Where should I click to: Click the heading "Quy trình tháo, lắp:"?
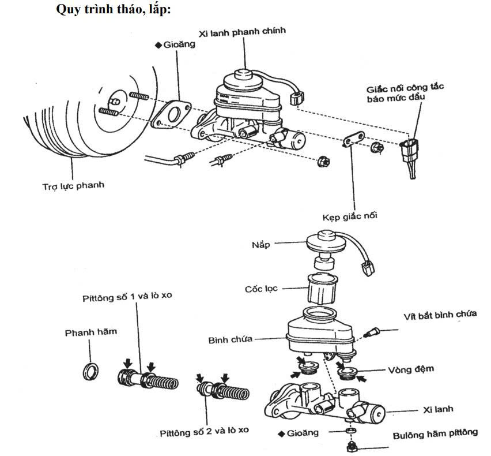pyautogui.click(x=114, y=10)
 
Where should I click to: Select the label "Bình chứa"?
pyautogui.click(x=231, y=340)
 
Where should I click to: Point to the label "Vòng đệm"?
pyautogui.click(x=411, y=368)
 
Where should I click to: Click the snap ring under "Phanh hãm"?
pyautogui.click(x=90, y=371)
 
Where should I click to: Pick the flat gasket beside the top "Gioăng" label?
pyautogui.click(x=171, y=114)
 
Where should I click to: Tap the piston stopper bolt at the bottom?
pyautogui.click(x=350, y=445)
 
